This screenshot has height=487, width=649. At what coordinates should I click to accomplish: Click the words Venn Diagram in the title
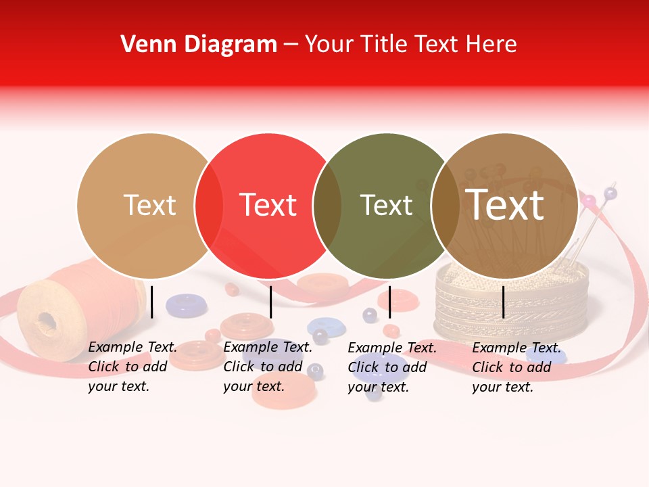199,45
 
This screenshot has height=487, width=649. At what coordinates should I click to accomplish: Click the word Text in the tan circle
149,206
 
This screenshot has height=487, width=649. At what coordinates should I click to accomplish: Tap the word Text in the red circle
268,206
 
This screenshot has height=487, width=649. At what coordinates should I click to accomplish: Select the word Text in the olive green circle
386,206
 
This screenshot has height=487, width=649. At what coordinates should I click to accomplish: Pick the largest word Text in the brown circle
504,205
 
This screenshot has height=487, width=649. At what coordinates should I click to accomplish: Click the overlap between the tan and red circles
209,206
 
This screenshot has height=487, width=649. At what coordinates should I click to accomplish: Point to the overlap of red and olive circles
327,206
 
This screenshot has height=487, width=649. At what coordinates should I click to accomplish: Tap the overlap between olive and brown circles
446,206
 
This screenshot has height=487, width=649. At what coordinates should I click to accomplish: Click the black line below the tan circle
152,302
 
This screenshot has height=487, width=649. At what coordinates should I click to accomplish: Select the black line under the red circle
270,302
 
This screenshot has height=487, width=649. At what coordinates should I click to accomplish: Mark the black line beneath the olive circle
389,302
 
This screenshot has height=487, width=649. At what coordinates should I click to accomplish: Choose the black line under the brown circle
504,302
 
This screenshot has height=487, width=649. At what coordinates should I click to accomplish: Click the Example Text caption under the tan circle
133,367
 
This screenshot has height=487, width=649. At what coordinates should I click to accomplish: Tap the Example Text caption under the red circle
268,367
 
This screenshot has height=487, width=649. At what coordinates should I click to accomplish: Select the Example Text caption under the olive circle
392,367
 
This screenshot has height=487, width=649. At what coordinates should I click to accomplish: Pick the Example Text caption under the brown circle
516,367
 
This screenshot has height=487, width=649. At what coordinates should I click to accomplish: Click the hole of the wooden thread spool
47,321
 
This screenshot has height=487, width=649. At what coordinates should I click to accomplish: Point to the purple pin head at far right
610,193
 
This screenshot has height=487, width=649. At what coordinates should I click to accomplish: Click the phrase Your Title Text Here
410,45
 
